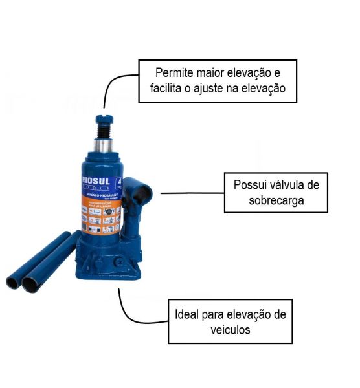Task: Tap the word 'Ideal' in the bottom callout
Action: [188, 315]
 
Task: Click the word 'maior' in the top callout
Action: [207, 70]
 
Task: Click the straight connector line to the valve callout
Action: [191, 193]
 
